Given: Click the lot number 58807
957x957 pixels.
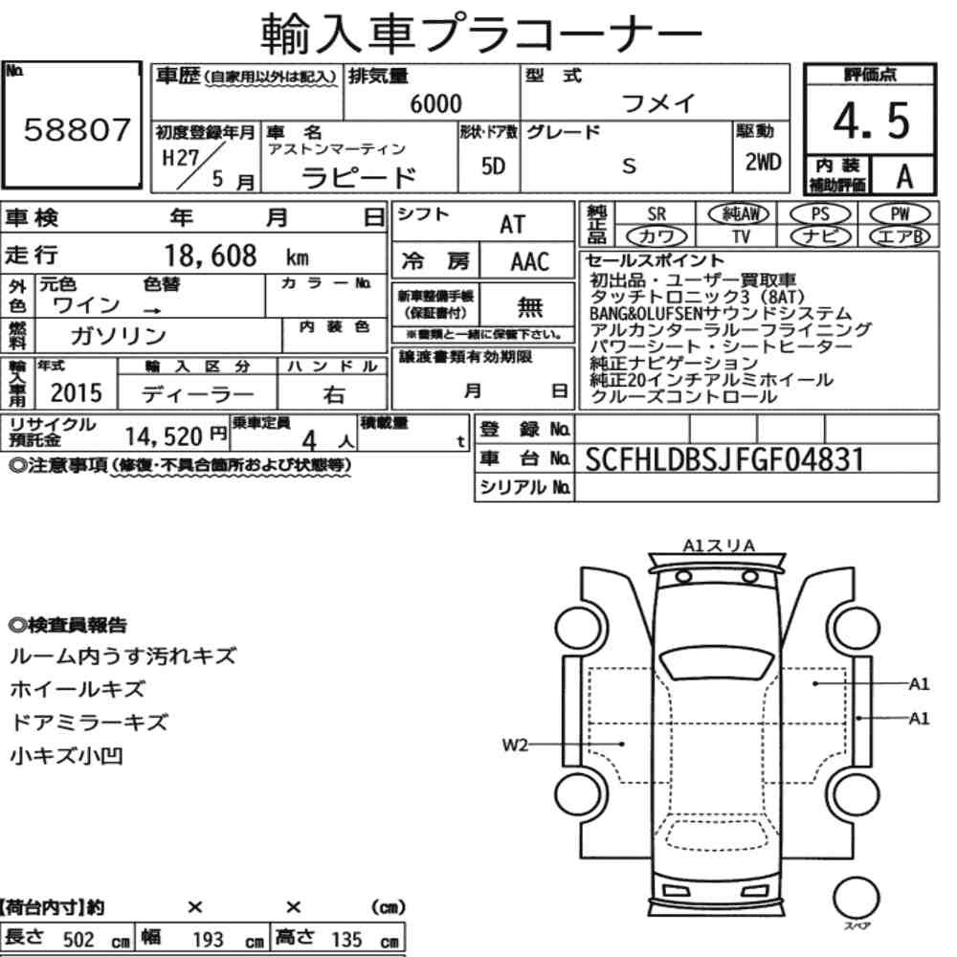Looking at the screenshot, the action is pyautogui.click(x=77, y=129).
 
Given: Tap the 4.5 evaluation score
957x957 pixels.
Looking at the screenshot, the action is pyautogui.click(x=871, y=121).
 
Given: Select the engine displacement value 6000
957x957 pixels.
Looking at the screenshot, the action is pyautogui.click(x=435, y=103).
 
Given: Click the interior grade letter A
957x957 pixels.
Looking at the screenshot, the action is pyautogui.click(x=904, y=176).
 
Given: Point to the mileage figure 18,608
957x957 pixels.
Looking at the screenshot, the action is pyautogui.click(x=211, y=256).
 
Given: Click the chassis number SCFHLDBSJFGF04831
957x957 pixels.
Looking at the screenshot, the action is pyautogui.click(x=724, y=459).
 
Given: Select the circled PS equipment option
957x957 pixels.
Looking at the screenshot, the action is pyautogui.click(x=820, y=214).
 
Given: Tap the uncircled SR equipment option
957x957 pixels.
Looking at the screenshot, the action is pyautogui.click(x=657, y=214).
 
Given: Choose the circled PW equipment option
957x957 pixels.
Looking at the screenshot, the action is pyautogui.click(x=900, y=214).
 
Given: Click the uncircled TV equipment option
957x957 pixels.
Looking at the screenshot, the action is pyautogui.click(x=741, y=236).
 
